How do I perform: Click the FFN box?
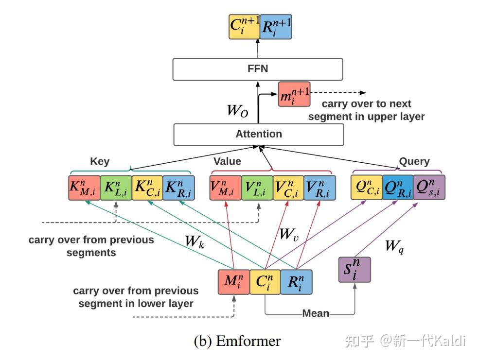(x=258, y=69)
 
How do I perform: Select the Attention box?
(x=259, y=134)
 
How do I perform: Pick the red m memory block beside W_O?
(x=294, y=94)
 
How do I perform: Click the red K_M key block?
(x=84, y=187)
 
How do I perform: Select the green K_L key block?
(x=116, y=187)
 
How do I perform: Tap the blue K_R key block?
(x=178, y=187)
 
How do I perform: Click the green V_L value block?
(x=257, y=187)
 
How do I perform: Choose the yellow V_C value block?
(x=288, y=187)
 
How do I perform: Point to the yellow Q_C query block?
(x=366, y=187)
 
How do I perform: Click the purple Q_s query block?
(x=429, y=187)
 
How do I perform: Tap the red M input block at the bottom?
(x=234, y=282)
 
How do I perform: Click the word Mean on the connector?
(x=316, y=313)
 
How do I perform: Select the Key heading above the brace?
(x=100, y=161)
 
